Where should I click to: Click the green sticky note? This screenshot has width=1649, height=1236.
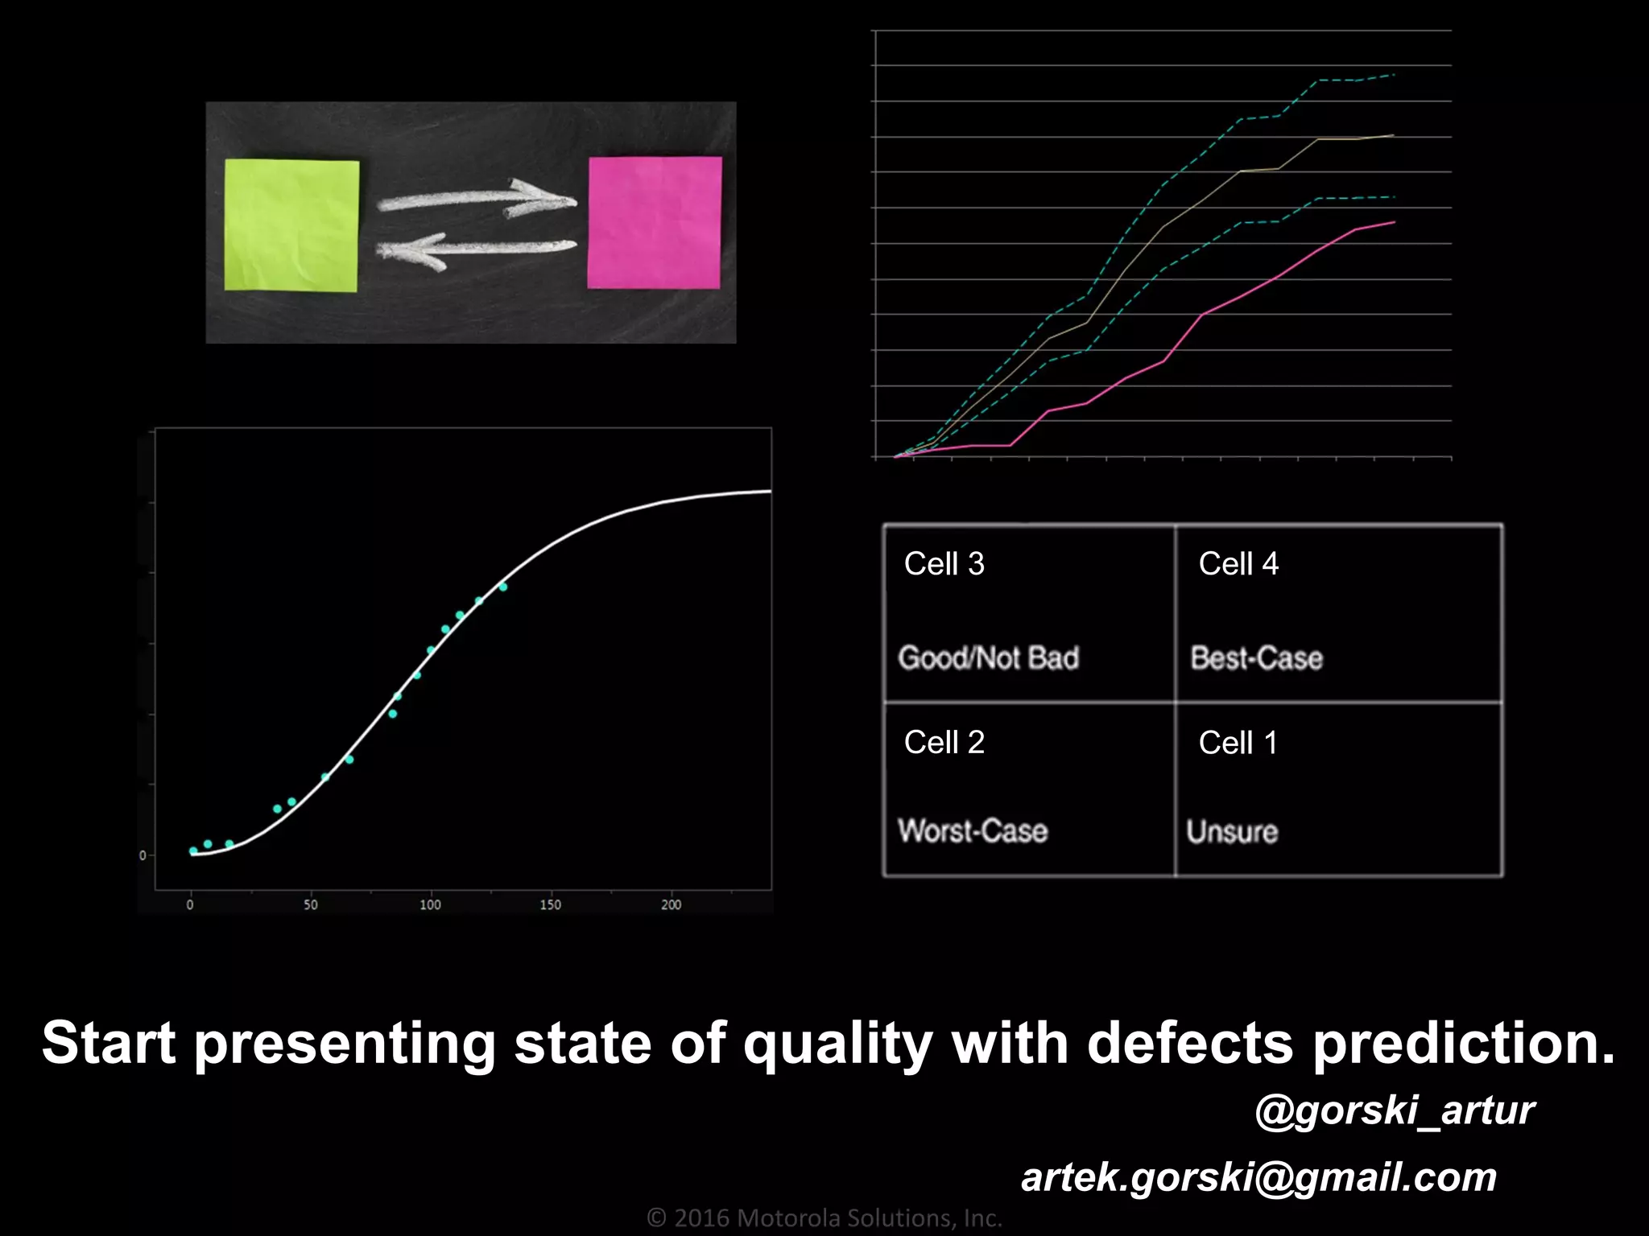point(291,225)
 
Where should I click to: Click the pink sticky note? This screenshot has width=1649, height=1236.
point(655,222)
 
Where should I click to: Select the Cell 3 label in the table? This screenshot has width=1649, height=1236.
point(944,564)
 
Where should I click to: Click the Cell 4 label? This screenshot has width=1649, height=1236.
point(1238,564)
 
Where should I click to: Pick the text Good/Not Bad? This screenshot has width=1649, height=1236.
point(989,658)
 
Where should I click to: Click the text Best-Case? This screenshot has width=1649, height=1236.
point(1256,658)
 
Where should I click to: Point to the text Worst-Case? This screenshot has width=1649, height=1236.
point(973,830)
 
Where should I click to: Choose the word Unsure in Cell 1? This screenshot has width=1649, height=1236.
point(1232,831)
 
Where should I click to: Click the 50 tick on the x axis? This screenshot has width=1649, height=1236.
point(311,904)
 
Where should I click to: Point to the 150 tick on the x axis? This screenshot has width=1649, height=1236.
point(550,904)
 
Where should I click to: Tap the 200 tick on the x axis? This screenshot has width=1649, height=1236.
point(671,904)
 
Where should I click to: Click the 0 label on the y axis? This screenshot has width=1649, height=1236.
point(143,855)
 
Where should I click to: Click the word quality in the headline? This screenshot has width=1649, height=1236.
point(837,1044)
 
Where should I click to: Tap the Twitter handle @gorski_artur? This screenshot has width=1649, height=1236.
point(1395,1110)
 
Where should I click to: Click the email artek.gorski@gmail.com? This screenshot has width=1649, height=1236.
point(1258,1177)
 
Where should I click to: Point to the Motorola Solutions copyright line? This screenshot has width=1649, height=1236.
point(824,1217)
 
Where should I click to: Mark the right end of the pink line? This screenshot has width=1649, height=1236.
point(1394,222)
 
